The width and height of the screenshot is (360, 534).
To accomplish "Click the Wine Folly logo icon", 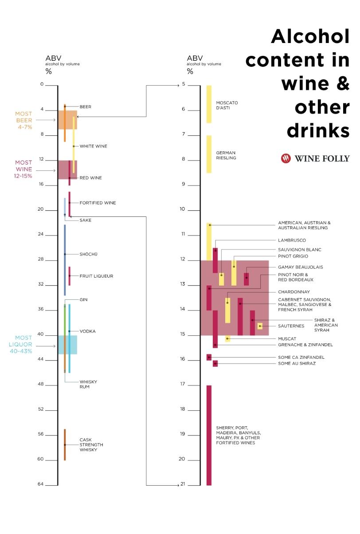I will pos(286,158).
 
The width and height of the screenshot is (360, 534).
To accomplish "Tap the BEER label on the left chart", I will pos(85,106).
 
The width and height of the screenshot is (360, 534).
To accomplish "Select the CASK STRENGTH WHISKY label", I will pos(91,445).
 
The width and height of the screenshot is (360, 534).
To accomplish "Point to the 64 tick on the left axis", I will pos(42,484).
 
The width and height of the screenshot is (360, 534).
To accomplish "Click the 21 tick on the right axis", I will pos(183,484).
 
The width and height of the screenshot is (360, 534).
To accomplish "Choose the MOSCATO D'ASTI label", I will pos(227,105).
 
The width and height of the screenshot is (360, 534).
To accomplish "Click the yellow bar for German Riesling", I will pos(209,154).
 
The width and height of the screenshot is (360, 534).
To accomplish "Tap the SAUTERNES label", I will pos(291,326).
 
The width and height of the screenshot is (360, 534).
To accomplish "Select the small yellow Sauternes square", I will pos(260,326).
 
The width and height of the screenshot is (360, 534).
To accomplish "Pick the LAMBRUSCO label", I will pos(292,240).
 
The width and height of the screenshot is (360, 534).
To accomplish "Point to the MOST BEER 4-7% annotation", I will pos(24,120).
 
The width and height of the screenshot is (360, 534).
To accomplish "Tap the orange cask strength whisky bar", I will pos(65,444).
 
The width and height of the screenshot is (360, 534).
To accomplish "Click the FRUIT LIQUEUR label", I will pos(96,276).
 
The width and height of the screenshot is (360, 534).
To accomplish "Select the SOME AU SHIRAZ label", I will pos(297,364).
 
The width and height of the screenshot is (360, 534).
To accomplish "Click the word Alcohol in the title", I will pos(310,36).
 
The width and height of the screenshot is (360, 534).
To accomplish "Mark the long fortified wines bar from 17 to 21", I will pos(209,435).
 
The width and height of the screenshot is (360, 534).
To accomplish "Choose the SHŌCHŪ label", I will pos(88,254).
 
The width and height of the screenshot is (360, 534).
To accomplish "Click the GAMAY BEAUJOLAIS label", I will pos(300,267).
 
